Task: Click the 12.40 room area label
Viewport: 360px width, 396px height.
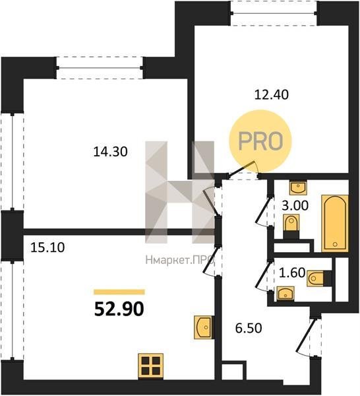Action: coord(271,95)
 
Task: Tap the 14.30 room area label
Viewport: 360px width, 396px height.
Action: coord(110,152)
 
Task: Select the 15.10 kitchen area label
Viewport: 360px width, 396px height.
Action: coord(47,247)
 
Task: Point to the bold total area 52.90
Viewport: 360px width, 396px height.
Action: coord(119,310)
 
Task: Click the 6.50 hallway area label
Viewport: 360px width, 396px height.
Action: coord(249,328)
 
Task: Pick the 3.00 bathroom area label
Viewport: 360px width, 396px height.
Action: coord(295,206)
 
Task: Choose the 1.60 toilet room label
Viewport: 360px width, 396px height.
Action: coord(292,273)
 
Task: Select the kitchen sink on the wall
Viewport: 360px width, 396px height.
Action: coord(203,327)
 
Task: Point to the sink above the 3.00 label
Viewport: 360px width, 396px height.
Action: coord(298,187)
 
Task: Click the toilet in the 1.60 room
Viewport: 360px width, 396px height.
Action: coord(319,279)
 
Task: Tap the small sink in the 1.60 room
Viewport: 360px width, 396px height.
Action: coord(285,294)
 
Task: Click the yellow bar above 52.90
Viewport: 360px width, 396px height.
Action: coord(119,292)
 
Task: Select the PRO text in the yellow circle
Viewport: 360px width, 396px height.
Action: coord(260,141)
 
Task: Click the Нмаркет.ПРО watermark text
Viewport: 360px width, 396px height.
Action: coord(180,260)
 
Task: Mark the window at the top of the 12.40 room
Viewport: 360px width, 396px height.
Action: coord(274,13)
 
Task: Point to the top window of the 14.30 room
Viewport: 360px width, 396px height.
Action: coord(100,68)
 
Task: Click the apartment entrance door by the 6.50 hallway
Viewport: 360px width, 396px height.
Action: coord(309,337)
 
